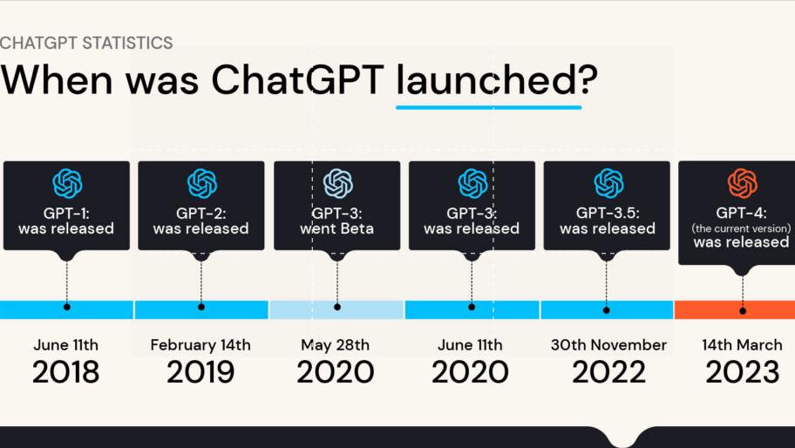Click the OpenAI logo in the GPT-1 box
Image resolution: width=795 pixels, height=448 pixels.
(x=66, y=183)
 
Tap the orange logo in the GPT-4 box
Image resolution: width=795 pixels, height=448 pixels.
(x=742, y=183)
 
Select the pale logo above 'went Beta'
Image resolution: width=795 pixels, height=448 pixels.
(x=337, y=183)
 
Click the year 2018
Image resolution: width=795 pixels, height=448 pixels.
(x=66, y=372)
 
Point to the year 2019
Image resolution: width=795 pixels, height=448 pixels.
(x=200, y=372)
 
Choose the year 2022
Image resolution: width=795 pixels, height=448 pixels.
(x=608, y=372)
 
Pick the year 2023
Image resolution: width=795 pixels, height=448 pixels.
(x=742, y=372)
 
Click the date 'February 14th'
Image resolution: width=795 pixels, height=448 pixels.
(x=200, y=345)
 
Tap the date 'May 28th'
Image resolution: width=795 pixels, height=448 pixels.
(x=336, y=345)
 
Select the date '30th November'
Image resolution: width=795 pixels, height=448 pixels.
(x=608, y=345)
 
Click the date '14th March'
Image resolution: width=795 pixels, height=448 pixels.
(x=742, y=345)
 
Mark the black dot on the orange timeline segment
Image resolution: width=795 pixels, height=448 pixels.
(x=743, y=309)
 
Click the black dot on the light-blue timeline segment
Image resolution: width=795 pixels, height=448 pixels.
(x=337, y=307)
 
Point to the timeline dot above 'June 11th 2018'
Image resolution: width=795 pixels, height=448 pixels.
(x=66, y=307)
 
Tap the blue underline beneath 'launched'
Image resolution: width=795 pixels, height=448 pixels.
(x=488, y=107)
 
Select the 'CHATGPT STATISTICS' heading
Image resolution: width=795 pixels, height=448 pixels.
(x=86, y=43)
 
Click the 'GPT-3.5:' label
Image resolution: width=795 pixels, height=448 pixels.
(x=608, y=212)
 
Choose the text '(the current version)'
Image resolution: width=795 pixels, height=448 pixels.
(x=742, y=227)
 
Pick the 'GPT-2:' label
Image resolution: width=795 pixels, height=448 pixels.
(x=200, y=212)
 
